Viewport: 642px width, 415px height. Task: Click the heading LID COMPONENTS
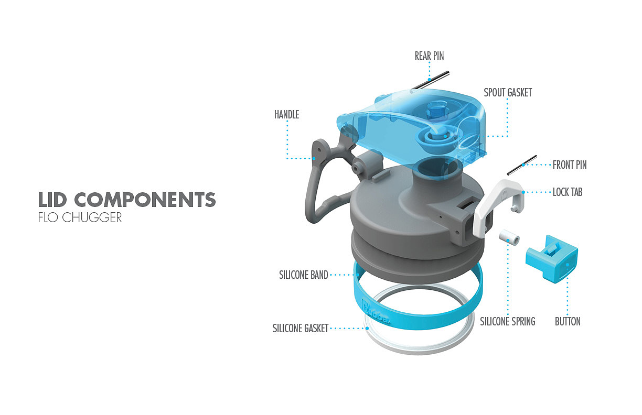[x=127, y=200]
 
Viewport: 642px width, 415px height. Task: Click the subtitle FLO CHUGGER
[x=80, y=217]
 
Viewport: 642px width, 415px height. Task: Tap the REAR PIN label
[x=429, y=56]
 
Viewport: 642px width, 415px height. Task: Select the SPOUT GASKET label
[x=508, y=93]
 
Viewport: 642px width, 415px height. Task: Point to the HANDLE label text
[x=286, y=114]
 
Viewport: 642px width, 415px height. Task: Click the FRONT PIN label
[x=570, y=165]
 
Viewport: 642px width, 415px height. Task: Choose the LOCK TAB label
[x=568, y=192]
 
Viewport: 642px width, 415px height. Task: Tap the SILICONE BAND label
[x=304, y=275]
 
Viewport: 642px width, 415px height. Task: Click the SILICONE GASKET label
[x=301, y=329]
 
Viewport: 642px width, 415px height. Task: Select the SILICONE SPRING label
[x=508, y=321]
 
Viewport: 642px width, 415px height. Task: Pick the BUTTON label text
[x=568, y=321]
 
